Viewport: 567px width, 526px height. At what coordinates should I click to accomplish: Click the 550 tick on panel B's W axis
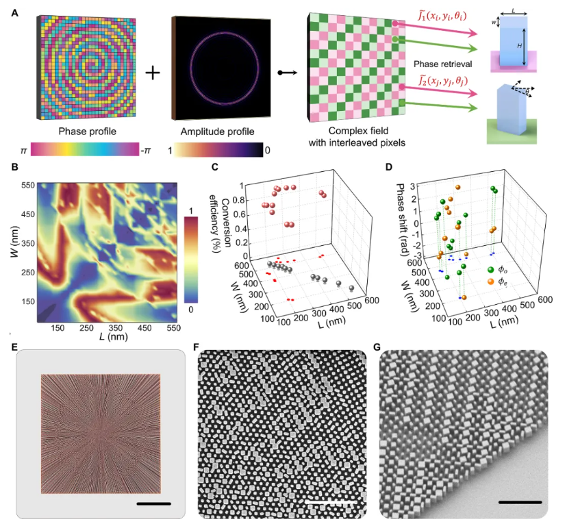coord(25,186)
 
